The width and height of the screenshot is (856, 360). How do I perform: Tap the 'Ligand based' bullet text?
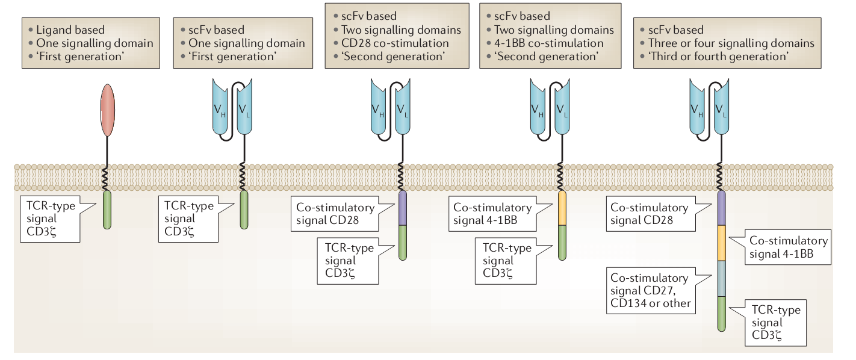(70, 29)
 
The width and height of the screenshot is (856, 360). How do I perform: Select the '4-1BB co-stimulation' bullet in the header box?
(549, 43)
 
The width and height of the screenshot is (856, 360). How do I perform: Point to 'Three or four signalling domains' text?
(731, 43)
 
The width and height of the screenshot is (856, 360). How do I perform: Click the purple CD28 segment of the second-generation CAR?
(403, 208)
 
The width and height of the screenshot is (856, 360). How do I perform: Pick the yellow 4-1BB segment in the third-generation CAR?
(721, 244)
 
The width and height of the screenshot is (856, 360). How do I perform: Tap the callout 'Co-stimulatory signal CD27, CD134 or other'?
(650, 291)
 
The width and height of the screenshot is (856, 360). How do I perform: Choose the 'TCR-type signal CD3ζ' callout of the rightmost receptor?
(776, 323)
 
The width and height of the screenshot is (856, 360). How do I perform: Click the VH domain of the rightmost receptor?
(698, 110)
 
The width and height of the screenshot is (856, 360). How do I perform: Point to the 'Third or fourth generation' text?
(719, 57)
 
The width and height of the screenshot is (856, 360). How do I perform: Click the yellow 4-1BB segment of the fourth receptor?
(562, 208)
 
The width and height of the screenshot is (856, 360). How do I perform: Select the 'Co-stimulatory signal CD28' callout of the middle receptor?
(335, 214)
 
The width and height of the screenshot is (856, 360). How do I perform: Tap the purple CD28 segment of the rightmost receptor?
(721, 208)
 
